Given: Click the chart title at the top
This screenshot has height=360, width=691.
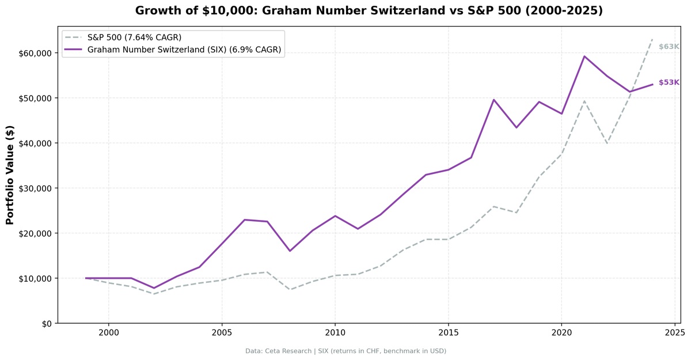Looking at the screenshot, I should [369, 10].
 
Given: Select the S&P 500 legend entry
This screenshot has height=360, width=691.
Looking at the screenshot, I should [134, 37].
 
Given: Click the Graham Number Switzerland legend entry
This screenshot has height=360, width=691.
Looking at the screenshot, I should [184, 50].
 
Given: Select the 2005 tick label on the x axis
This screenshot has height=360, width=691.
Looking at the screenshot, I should [222, 334].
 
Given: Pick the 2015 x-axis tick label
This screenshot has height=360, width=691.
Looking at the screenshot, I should [448, 334].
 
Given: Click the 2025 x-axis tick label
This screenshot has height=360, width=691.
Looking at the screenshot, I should [674, 334].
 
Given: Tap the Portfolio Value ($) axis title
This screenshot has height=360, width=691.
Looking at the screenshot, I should [10, 176].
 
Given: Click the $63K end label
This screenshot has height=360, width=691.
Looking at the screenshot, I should [669, 47].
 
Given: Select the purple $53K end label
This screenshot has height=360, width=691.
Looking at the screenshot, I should [669, 82].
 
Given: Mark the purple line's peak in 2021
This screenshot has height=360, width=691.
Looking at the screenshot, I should [584, 56].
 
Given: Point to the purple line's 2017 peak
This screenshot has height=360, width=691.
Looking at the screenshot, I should [493, 100].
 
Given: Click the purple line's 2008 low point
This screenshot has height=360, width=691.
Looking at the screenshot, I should [290, 251].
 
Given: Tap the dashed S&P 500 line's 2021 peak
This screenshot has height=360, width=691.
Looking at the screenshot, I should [584, 101].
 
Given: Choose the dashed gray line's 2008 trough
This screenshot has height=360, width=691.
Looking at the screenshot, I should [290, 290].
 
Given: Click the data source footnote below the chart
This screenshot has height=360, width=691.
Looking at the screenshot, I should [345, 351].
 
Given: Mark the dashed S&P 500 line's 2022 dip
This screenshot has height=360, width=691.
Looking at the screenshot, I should [607, 143].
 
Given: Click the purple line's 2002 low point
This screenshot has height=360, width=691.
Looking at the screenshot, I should [154, 288].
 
